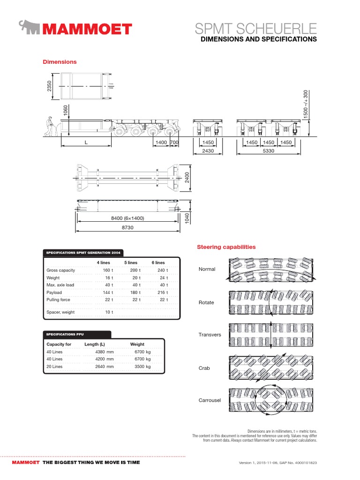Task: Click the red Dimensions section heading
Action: tap(60, 62)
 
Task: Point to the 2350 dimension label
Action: tap(49, 86)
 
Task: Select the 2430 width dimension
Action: tap(208, 151)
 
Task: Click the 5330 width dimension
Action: tap(268, 151)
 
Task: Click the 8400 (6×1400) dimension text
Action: tap(127, 218)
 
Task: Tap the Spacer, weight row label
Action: tap(60, 312)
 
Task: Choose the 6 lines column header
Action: tap(158, 262)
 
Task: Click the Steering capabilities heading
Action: tap(226, 247)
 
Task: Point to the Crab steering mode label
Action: tap(205, 368)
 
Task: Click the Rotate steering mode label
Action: tap(206, 302)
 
